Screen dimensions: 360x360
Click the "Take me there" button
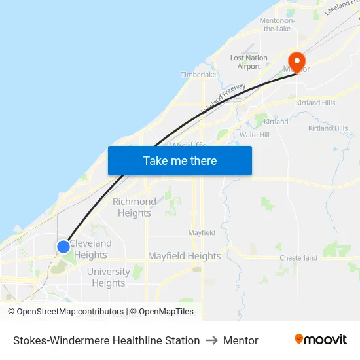(x=180, y=160)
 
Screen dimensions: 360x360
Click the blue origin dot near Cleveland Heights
(x=63, y=247)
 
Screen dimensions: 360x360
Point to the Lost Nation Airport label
(x=249, y=62)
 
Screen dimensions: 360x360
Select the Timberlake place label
(x=198, y=75)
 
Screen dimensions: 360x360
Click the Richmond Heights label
(x=134, y=207)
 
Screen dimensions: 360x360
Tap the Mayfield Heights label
(x=184, y=256)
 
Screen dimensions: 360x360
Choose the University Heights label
(x=109, y=278)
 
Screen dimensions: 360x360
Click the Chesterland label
(x=298, y=258)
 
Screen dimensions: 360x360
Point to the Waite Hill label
(x=254, y=135)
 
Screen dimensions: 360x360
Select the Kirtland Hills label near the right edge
(x=328, y=128)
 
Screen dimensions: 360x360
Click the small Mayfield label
(x=202, y=233)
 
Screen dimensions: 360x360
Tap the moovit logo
(x=320, y=340)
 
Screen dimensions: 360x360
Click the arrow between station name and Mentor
(x=211, y=340)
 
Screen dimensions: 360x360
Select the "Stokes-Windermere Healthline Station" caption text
(x=106, y=340)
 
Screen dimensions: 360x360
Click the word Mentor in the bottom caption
(x=240, y=340)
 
